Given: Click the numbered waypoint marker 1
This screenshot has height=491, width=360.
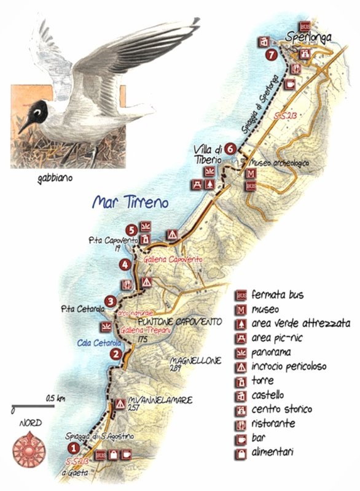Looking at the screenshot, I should tap(73, 449).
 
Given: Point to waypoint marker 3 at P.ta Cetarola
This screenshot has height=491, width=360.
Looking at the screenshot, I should tap(109, 301).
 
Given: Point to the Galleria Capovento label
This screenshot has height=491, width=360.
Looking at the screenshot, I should tap(172, 260).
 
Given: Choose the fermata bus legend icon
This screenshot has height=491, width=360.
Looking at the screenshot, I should tap(241, 295).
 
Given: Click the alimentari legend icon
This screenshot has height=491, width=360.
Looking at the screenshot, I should tap(241, 453).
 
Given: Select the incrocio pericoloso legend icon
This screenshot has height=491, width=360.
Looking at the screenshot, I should tap(241, 366).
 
